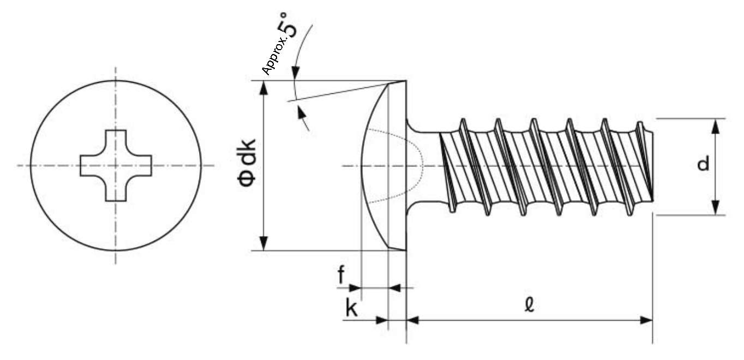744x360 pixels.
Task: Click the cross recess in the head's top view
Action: coord(116,166)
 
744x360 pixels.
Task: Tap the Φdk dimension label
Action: coord(247,163)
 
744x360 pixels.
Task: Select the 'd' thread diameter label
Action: coord(703,164)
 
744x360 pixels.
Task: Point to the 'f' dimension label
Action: coord(341,275)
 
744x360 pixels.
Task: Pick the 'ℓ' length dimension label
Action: coord(530,304)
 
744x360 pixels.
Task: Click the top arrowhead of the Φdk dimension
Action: coord(263,88)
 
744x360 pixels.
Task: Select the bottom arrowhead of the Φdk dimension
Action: coord(263,243)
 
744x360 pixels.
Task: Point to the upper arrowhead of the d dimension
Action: coord(716,126)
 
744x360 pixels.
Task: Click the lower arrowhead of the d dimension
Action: coord(716,208)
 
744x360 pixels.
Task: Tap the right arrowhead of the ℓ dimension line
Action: coord(646,320)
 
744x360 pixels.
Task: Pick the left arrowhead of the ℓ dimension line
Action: coord(413,320)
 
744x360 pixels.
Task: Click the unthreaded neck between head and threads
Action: coord(424,165)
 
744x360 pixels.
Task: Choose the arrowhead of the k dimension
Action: coord(382,320)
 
